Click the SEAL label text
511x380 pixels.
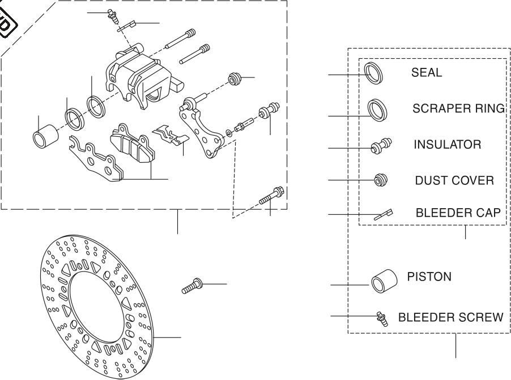tap(427, 73)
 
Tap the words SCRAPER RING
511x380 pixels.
tap(458, 109)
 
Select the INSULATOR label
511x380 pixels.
tap(448, 145)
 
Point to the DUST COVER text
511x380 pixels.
tap(454, 181)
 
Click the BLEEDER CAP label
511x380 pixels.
tap(458, 213)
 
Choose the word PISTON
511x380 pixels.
tap(429, 277)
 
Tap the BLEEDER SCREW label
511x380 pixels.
tap(450, 317)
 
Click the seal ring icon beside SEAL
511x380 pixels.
tap(373, 74)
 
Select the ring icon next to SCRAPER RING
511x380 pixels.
tap(377, 109)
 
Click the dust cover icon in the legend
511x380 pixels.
tap(380, 180)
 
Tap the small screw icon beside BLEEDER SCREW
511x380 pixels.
tap(382, 319)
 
